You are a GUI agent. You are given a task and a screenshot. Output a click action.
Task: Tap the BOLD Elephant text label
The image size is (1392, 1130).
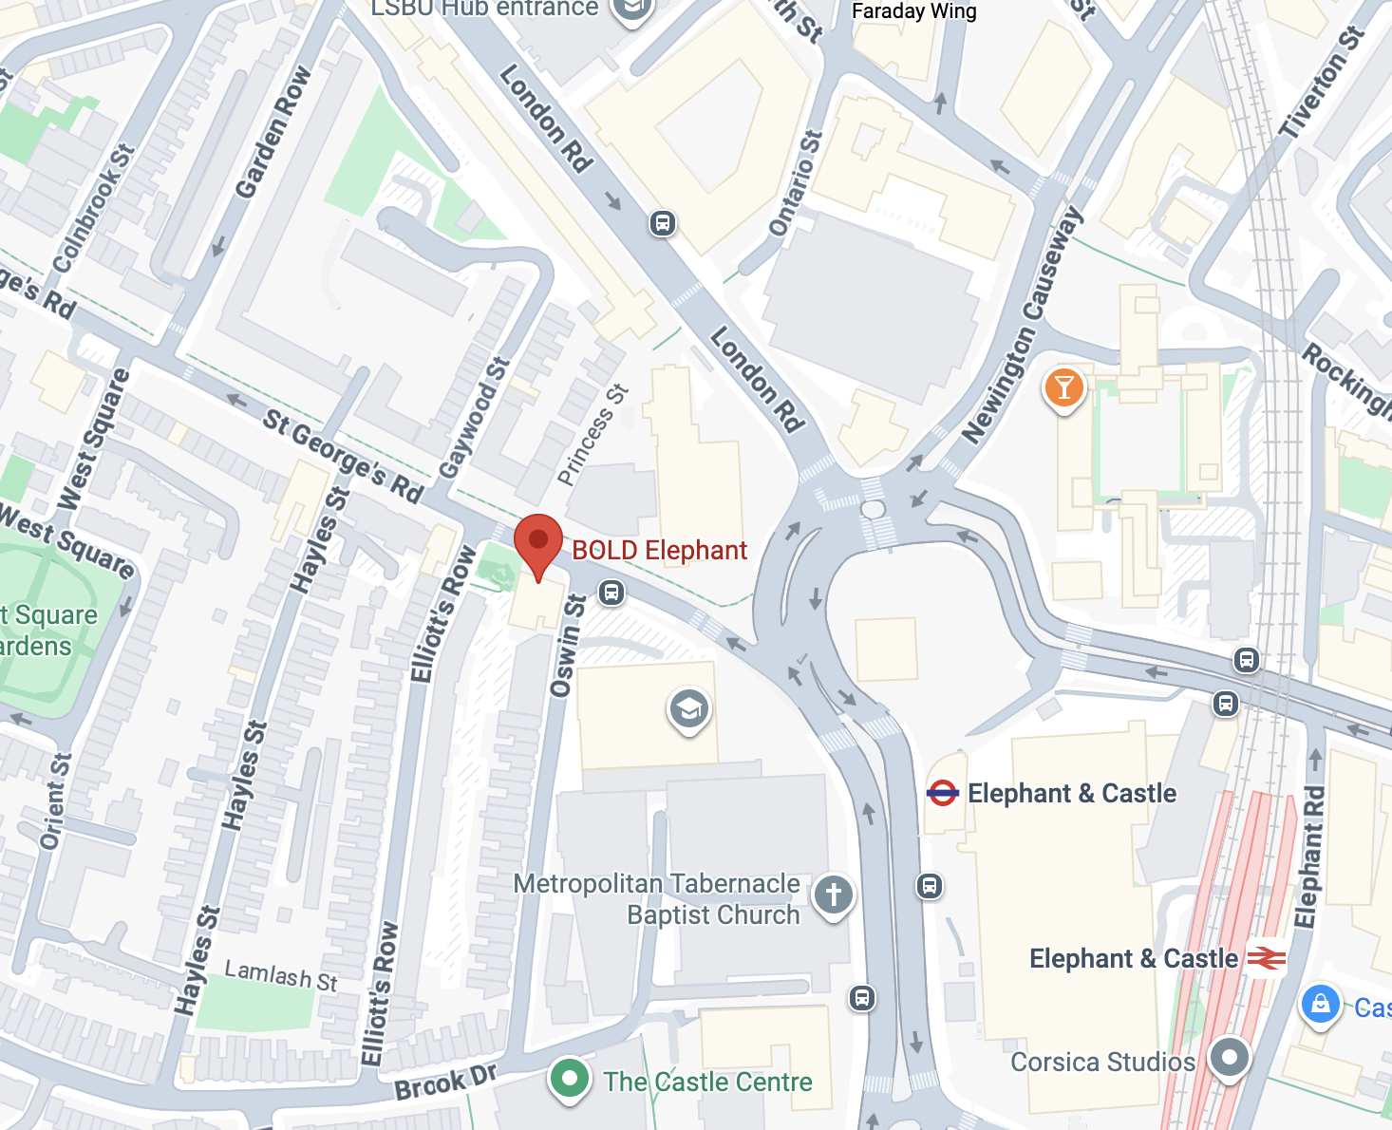659,551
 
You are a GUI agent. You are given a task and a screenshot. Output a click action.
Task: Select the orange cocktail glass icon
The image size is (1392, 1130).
1063,388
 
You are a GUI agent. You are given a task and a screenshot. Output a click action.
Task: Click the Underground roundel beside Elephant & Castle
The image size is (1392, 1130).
942,793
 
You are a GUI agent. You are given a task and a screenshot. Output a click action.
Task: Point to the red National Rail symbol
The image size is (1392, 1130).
1266,959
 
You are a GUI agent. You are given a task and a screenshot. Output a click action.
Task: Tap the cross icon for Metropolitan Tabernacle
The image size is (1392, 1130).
833,895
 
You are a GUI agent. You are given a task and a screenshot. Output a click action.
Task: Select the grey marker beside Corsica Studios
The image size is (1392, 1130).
1230,1057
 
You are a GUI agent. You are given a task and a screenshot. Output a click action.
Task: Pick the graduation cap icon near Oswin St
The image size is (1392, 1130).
689,709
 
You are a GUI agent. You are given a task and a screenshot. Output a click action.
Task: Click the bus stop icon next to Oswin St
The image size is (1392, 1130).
611,593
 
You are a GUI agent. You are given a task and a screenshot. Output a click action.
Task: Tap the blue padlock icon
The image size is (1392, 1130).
1320,1005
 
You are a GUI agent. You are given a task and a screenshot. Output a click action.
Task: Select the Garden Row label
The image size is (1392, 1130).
273,132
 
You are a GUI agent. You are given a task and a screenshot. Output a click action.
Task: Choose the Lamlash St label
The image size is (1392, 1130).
281,975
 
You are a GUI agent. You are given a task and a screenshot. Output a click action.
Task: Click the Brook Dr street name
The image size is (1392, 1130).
445,1083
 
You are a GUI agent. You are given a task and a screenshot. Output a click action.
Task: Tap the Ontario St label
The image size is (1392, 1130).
795,183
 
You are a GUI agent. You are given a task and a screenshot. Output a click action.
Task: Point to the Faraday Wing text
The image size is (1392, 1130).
913,11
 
